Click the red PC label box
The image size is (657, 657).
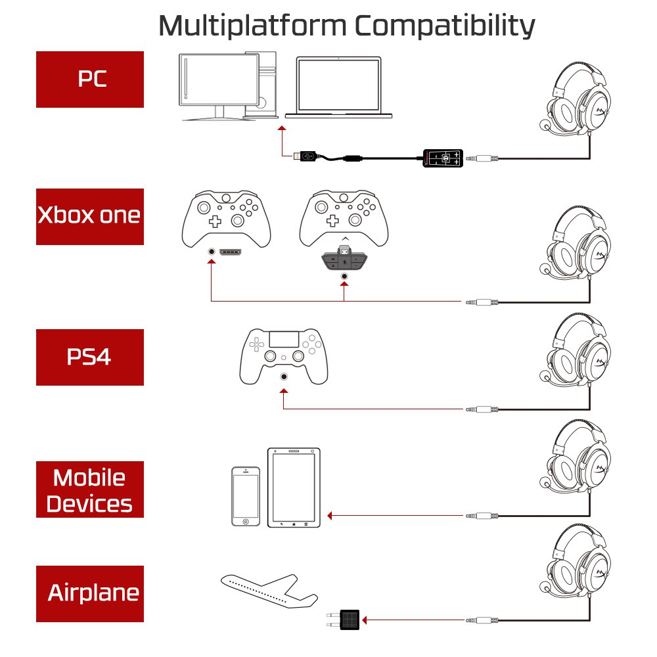pyautogui.click(x=89, y=79)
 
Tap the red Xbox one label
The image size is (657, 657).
pyautogui.click(x=89, y=216)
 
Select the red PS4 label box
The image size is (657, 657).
pyautogui.click(x=89, y=357)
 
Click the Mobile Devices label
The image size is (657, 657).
pyautogui.click(x=89, y=489)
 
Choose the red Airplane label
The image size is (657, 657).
pyautogui.click(x=89, y=593)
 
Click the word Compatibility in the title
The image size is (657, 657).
pyautogui.click(x=445, y=26)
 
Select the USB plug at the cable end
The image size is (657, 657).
pyautogui.click(x=306, y=156)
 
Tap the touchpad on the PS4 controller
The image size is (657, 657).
pyautogui.click(x=283, y=341)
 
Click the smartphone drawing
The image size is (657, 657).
pyautogui.click(x=246, y=496)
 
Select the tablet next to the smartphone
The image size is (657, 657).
pyautogui.click(x=294, y=487)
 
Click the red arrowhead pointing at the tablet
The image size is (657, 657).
pyautogui.click(x=330, y=516)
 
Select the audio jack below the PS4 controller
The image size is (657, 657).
pyautogui.click(x=284, y=376)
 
